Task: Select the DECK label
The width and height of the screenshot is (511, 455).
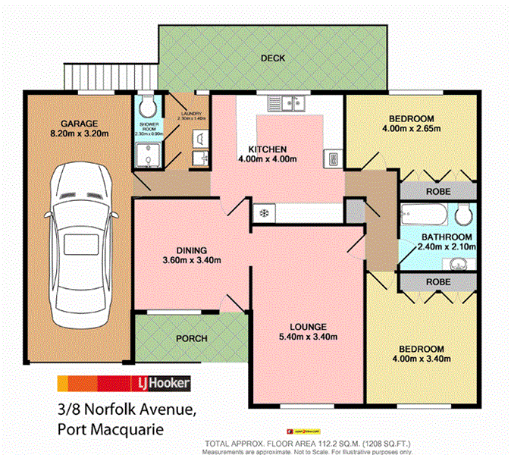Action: point(271,58)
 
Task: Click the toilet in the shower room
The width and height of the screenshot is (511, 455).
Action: point(147,104)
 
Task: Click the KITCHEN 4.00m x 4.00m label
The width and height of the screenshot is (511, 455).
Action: point(267,154)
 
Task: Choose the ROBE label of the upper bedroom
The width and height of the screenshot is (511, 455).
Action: point(437,191)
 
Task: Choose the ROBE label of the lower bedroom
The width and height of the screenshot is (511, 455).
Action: point(437,281)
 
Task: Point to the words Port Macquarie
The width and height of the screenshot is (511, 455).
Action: point(110,429)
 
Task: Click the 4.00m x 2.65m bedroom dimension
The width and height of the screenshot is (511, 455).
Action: point(412,128)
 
